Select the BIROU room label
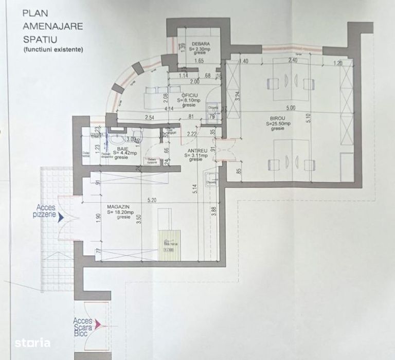[276, 119]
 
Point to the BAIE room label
[122, 148]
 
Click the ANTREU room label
[196, 151]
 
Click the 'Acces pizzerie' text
[46, 211]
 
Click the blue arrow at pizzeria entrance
[61, 218]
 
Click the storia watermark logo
[32, 342]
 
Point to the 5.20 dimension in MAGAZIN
[151, 200]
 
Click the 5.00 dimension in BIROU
[291, 108]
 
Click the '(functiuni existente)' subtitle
[52, 50]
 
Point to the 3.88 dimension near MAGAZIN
[213, 211]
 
